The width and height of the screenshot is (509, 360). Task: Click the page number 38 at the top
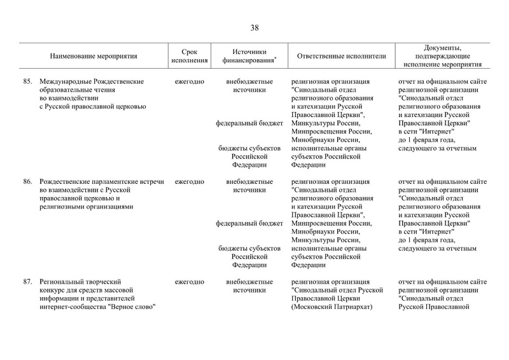click(x=254, y=27)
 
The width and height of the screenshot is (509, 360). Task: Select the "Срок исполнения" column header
click(x=190, y=56)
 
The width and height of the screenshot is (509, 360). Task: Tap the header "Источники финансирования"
click(x=249, y=56)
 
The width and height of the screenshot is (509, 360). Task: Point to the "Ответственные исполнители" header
click(x=341, y=56)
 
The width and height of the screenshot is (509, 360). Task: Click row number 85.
click(x=27, y=82)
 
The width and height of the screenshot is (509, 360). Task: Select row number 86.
click(x=27, y=181)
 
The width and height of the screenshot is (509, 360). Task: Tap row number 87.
click(x=27, y=281)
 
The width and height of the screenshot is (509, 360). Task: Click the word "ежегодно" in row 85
click(x=190, y=82)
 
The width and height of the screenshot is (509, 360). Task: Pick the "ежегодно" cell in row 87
click(x=190, y=281)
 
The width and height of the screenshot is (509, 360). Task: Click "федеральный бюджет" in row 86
click(x=249, y=223)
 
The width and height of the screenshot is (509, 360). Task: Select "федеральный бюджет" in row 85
click(x=249, y=123)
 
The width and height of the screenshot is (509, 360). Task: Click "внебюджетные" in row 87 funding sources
click(x=249, y=281)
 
